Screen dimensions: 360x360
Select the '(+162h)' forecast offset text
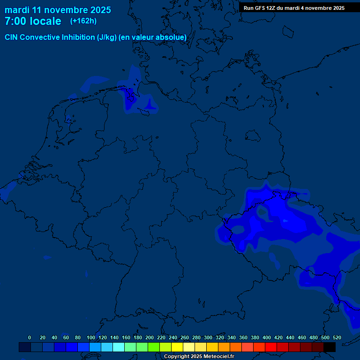point(83,21)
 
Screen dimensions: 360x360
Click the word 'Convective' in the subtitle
point(40,37)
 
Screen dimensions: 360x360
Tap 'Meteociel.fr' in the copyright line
point(216,356)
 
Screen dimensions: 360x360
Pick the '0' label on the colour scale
point(30,337)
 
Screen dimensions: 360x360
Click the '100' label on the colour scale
point(91,337)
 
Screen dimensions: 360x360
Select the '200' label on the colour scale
point(150,337)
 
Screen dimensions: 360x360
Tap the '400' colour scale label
point(267,337)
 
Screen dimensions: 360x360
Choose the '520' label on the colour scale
point(337,337)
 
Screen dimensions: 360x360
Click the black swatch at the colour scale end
point(330,347)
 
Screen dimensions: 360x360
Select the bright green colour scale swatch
point(154,347)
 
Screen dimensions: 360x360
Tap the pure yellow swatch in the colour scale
point(177,347)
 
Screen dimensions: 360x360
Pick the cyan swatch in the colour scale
point(119,347)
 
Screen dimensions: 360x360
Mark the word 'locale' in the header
point(45,21)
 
